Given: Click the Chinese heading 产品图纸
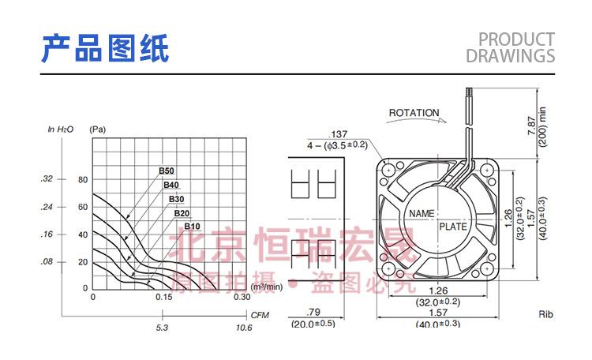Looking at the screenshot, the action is (104, 48).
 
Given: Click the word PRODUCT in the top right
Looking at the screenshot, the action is (516, 39).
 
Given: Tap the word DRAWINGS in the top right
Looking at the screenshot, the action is (510, 56).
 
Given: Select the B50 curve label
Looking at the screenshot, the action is (166, 171).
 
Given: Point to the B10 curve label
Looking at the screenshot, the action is (192, 227).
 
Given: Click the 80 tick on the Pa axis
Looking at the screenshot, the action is (84, 179).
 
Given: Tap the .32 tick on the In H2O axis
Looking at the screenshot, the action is (47, 179).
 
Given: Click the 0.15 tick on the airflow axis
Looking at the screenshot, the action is (163, 298).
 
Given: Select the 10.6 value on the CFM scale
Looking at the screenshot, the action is (244, 327).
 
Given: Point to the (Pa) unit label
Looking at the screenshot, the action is (97, 129).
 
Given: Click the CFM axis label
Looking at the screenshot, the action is (260, 314).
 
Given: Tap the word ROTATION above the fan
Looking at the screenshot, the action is (414, 113).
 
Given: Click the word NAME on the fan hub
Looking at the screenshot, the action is (422, 214).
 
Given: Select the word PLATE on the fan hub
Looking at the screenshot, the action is (453, 227).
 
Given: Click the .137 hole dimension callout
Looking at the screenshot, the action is (338, 133).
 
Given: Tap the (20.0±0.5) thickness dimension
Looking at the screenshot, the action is (313, 324).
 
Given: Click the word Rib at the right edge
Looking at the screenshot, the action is (546, 315).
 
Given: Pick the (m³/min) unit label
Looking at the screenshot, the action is (267, 287).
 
